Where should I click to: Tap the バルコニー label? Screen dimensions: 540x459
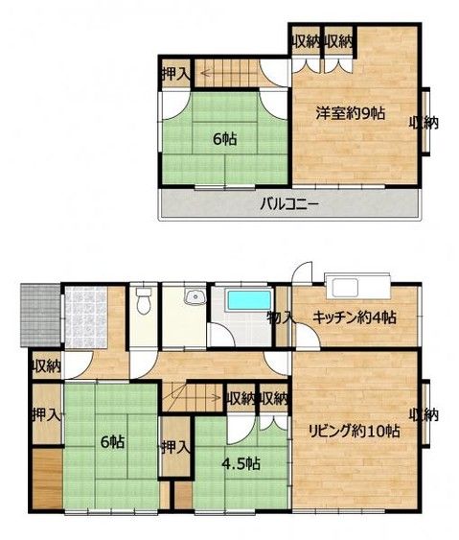point(288,203)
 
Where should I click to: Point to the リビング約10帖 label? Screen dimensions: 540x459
point(356,430)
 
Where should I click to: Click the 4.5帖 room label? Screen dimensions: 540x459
point(240,464)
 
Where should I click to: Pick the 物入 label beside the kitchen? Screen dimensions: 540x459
point(280,317)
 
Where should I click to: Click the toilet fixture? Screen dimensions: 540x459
point(143,302)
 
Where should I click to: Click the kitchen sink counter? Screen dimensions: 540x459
point(356,286)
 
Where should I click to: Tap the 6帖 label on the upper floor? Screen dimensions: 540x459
point(225,139)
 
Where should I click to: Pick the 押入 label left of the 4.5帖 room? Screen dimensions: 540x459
point(173,447)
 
